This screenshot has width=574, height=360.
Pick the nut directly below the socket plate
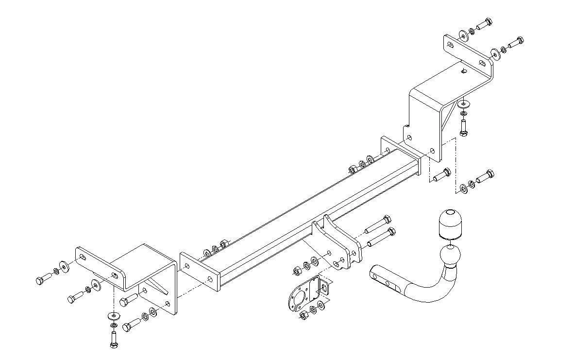[302, 315]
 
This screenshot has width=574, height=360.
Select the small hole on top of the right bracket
[464, 71]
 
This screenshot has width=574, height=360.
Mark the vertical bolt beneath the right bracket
[463, 128]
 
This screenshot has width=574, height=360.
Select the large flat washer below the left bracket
[112, 316]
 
